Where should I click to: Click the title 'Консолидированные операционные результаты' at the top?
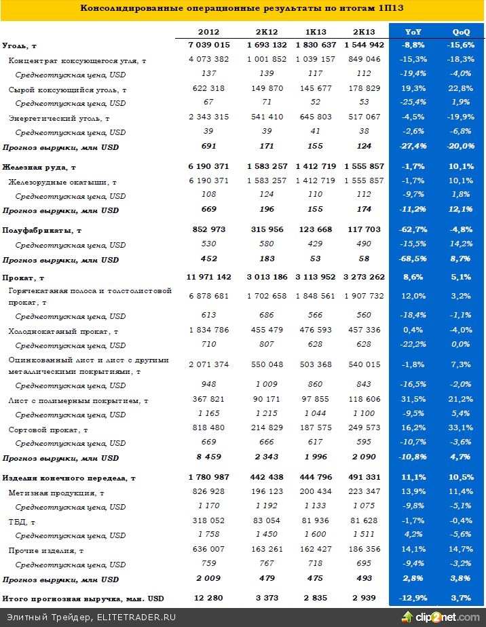[x=242, y=9]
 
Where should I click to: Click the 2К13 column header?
[x=364, y=32]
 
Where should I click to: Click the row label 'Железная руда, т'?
[x=39, y=167]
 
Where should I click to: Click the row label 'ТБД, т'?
[x=22, y=522]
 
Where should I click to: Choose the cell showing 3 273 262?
[x=364, y=277]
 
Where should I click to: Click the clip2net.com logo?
[x=441, y=616]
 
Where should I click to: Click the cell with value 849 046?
[x=364, y=60]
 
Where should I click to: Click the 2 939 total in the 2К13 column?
[x=364, y=598]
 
